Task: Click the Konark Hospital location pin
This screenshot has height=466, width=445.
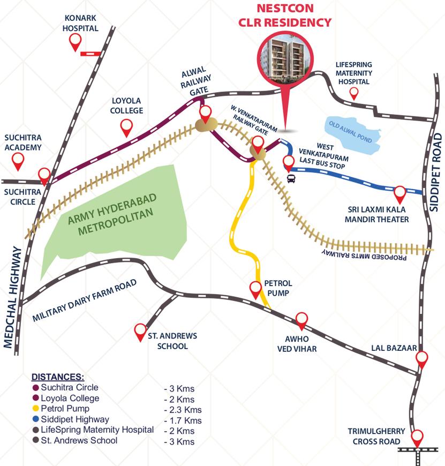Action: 76,41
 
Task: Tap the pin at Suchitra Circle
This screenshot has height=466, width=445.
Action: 44,175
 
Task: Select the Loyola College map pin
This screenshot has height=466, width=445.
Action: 127,127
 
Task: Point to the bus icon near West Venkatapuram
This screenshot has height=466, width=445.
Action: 291,178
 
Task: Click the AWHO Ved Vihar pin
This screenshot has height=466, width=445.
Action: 302,319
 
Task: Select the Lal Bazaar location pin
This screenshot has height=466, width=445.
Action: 423,358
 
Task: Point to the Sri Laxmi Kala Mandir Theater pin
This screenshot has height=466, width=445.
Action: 400,193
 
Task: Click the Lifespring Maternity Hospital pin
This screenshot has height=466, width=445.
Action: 353,94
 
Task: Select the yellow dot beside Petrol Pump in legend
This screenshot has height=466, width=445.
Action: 35,409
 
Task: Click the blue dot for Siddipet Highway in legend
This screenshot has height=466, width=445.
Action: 35,420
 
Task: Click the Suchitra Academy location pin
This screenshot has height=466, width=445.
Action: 19,159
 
